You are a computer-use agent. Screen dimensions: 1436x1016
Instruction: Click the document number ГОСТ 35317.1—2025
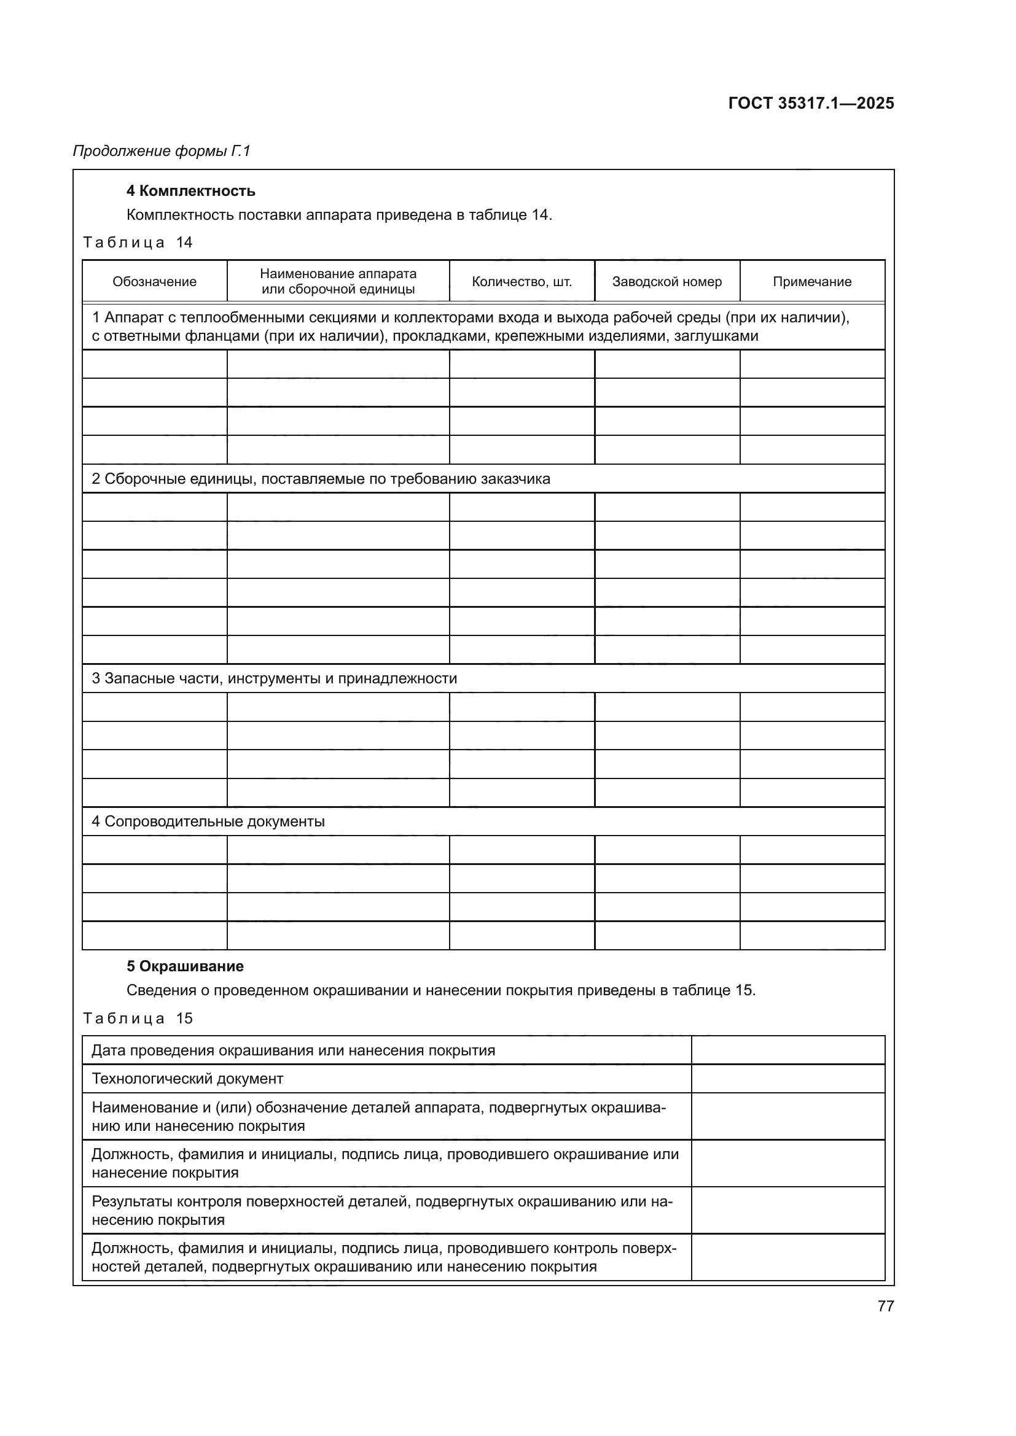click(811, 103)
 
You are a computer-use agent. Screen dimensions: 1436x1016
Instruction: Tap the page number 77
click(885, 1306)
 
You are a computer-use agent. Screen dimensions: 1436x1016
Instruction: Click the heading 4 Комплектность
click(191, 191)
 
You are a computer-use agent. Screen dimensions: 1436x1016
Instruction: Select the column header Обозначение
click(155, 281)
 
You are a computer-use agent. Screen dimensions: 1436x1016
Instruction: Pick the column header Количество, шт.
click(522, 281)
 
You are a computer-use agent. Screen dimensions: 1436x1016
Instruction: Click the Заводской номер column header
click(667, 281)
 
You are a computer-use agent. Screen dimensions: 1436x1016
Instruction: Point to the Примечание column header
click(812, 281)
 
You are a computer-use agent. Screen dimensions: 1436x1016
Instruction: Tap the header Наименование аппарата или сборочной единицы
click(338, 281)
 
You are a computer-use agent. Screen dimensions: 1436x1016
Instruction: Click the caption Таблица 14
click(138, 243)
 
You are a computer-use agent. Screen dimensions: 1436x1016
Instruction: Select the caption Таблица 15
click(138, 1018)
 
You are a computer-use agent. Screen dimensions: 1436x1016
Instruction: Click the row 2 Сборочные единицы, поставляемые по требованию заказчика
click(321, 479)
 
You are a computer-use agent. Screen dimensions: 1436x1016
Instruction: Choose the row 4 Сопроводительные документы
click(208, 822)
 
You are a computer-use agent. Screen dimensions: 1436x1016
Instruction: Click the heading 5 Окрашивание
click(185, 966)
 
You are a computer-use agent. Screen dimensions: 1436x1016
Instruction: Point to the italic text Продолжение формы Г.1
click(162, 151)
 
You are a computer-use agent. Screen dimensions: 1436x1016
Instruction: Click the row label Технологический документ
click(188, 1079)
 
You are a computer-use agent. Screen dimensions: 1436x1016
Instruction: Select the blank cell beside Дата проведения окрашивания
click(787, 1050)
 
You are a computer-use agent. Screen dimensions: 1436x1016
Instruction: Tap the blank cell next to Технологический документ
click(787, 1079)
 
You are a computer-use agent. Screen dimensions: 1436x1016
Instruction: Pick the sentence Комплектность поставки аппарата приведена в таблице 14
click(339, 215)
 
